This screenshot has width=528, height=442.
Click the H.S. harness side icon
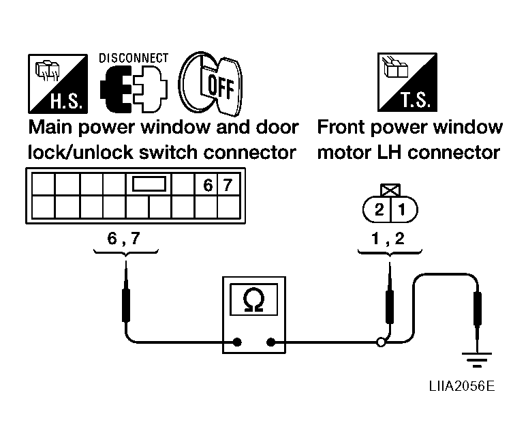(x=58, y=84)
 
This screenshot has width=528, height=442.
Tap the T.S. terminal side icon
(x=407, y=83)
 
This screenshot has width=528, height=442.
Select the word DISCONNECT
(x=134, y=59)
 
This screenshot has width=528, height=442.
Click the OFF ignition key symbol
(x=211, y=84)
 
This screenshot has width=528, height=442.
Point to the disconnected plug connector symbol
(x=134, y=89)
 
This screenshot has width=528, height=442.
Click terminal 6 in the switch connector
(x=208, y=185)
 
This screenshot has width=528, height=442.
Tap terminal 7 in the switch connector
(x=228, y=185)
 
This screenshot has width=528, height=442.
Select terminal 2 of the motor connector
(x=379, y=210)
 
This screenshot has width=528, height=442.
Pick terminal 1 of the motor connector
(x=402, y=210)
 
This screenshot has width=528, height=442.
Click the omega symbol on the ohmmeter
(x=253, y=299)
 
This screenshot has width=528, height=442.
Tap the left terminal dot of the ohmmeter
(x=237, y=342)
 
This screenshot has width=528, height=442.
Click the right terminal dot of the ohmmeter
(x=270, y=342)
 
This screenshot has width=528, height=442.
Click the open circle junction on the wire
(x=381, y=342)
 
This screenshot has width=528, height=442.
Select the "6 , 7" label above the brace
(x=123, y=239)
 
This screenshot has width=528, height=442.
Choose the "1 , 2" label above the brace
(x=388, y=239)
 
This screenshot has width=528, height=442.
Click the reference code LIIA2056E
(x=462, y=386)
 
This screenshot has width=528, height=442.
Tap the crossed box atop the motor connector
(x=390, y=190)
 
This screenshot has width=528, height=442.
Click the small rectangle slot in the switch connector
(x=149, y=184)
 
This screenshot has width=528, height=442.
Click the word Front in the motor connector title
(x=341, y=127)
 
